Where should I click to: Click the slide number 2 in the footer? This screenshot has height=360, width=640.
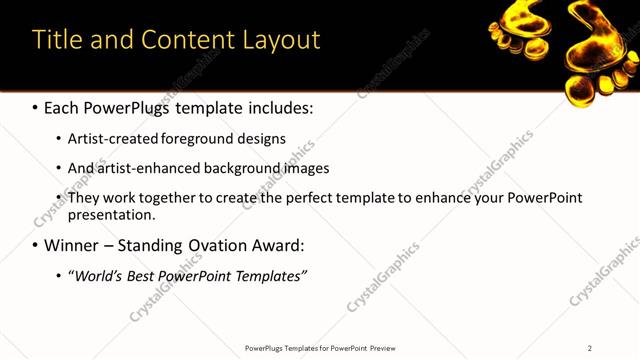click(589, 348)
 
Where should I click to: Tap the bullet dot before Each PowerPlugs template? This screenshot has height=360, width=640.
click(34, 106)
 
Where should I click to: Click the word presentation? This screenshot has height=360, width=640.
click(111, 214)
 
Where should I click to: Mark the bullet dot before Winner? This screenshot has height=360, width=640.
click(34, 245)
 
